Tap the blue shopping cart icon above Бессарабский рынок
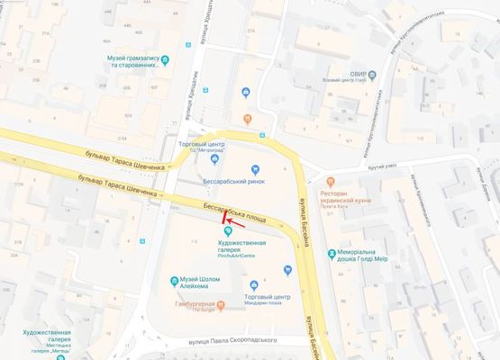point(255,168)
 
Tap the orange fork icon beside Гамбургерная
point(168,309)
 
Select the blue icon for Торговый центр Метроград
point(214,159)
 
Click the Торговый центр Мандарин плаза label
point(268,300)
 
